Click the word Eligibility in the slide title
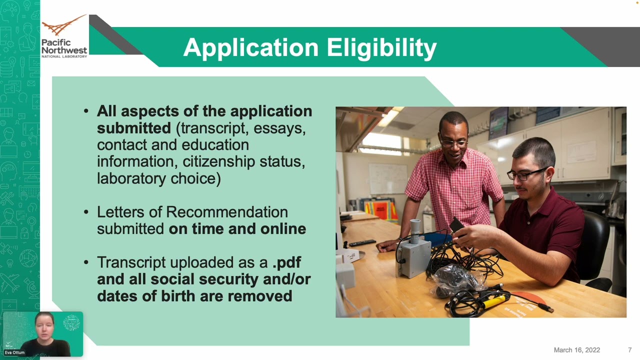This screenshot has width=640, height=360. click(x=381, y=47)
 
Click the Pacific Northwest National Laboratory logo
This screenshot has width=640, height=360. click(x=64, y=36)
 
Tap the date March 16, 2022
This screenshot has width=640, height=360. click(x=577, y=350)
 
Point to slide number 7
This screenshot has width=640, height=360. click(x=629, y=350)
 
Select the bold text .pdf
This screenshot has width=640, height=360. click(x=286, y=263)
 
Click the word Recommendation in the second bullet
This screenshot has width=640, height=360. click(x=227, y=212)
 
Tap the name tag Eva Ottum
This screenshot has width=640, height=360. click(x=14, y=352)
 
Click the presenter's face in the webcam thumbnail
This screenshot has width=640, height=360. click(x=44, y=327)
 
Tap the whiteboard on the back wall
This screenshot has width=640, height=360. click(x=388, y=179)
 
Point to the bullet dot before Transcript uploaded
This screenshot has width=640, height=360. click(x=86, y=262)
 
